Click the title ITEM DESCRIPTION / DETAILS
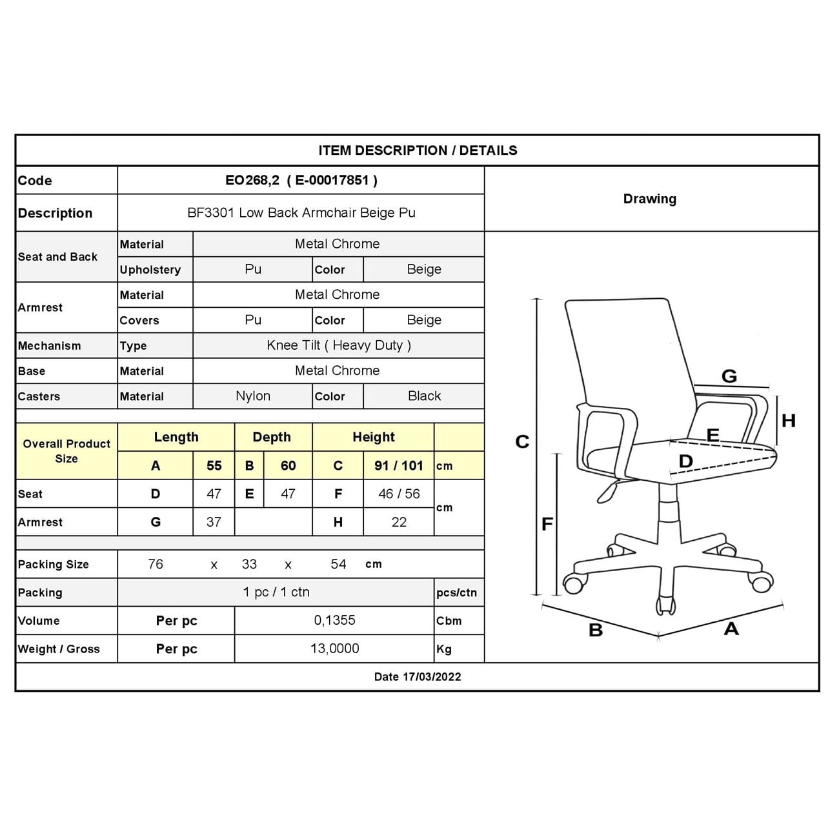[x=418, y=150]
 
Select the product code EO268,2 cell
[x=301, y=180]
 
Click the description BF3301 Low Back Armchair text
[x=301, y=212]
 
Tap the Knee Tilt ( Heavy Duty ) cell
[x=338, y=345]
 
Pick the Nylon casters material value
[x=252, y=396]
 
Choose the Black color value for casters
[x=424, y=396]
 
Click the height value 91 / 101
[x=398, y=465]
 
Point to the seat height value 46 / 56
[x=398, y=494]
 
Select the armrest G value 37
[x=214, y=521]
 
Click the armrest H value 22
[x=398, y=521]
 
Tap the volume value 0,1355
[x=334, y=620]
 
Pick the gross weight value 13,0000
[x=334, y=649]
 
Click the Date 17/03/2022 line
[x=418, y=676]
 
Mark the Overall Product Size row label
[x=66, y=451]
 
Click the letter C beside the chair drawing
[x=522, y=442]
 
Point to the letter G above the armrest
[x=729, y=376]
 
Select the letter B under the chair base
[x=596, y=630]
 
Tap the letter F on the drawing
[x=547, y=524]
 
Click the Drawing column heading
[x=649, y=199]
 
